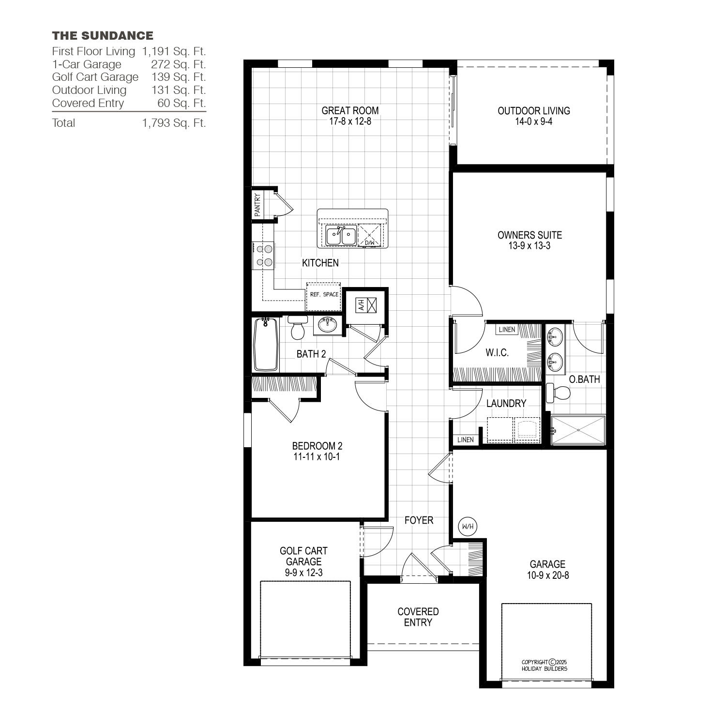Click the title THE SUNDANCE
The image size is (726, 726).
tap(103, 35)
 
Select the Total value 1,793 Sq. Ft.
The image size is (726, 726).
tap(174, 123)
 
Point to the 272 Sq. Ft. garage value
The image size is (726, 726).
tap(179, 64)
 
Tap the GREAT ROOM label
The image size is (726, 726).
tap(350, 110)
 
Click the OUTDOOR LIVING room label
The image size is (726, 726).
tap(534, 110)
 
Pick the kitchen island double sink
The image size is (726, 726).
tap(341, 236)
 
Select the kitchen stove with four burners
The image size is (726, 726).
tap(263, 256)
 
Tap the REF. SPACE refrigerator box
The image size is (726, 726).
tap(323, 297)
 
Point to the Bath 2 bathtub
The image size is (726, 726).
tap(266, 344)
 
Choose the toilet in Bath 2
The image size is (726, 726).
tap(298, 328)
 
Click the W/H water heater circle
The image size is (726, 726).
tap(468, 526)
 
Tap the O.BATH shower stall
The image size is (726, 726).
tap(578, 430)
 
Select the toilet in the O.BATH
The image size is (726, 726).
tap(557, 393)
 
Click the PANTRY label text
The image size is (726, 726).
tap(257, 204)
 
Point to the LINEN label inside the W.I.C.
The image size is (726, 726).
tap(507, 330)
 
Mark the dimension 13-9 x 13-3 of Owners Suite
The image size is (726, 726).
tap(530, 246)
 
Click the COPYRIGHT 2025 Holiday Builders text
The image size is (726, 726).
tap(544, 665)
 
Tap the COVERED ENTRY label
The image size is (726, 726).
tap(418, 617)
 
